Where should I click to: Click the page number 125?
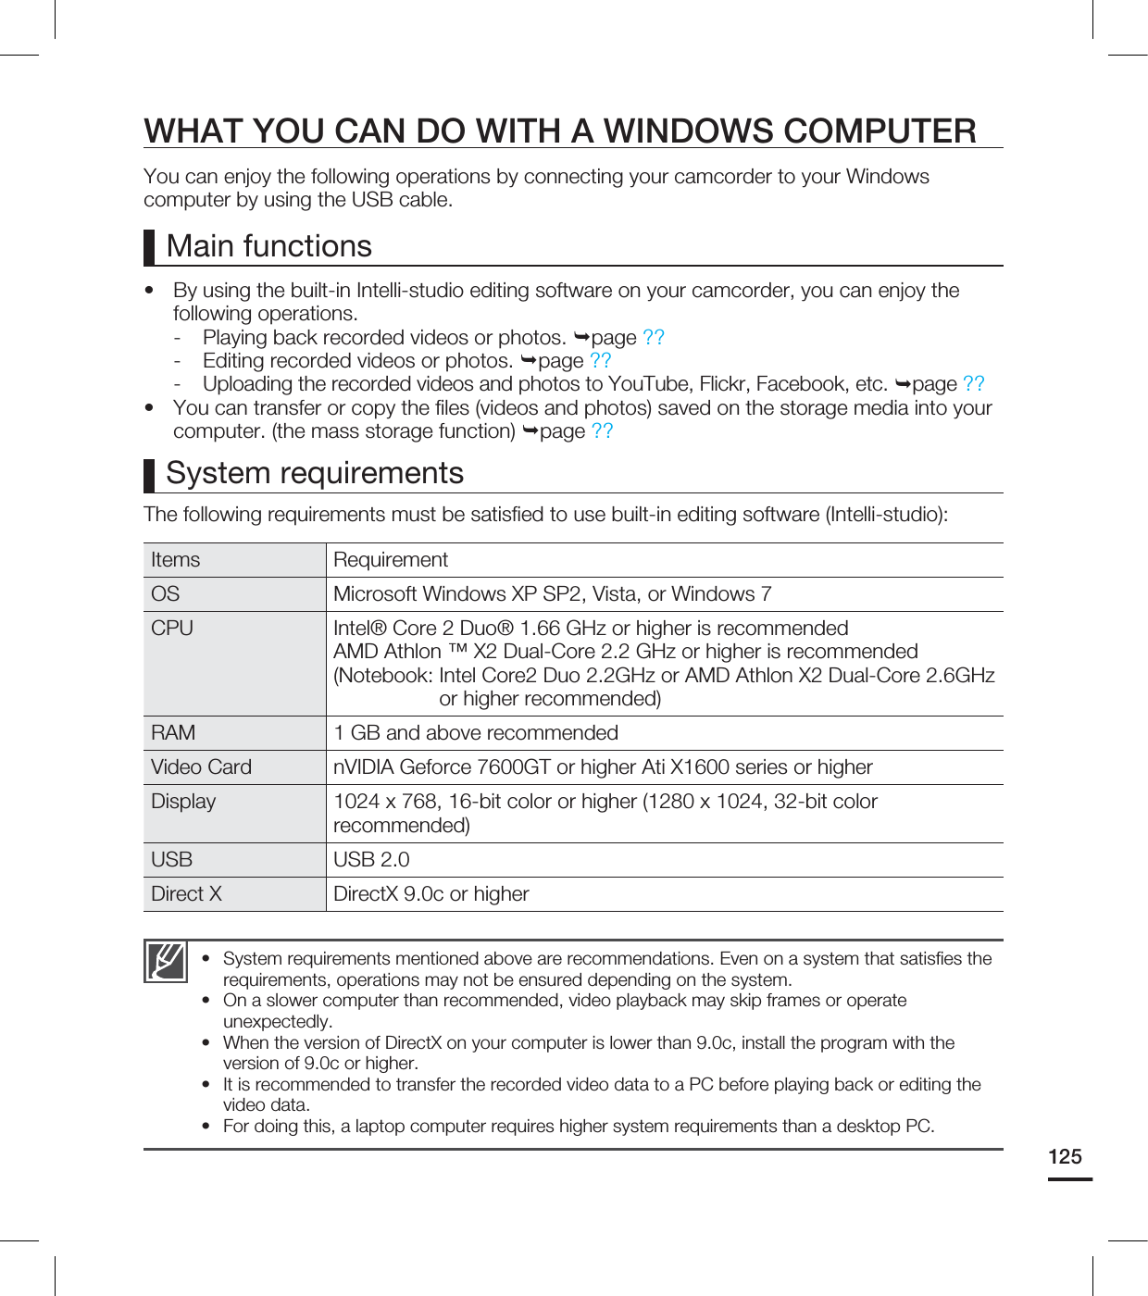point(1065,1156)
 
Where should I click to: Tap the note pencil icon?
point(166,961)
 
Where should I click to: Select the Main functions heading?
point(268,246)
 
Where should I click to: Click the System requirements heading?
point(315,473)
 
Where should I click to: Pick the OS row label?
point(166,594)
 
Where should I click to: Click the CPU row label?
point(172,629)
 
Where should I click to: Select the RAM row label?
point(173,733)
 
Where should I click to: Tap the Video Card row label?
point(201,767)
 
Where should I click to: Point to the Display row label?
point(183,802)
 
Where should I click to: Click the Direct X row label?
point(186,894)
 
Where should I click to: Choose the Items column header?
point(175,560)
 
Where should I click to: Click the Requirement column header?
point(391,560)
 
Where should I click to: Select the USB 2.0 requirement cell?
point(371,860)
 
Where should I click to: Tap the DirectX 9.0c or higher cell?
point(431,894)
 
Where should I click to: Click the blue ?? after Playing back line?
point(654,337)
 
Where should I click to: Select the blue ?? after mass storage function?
point(602,431)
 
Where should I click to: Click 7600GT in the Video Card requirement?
point(514,767)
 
